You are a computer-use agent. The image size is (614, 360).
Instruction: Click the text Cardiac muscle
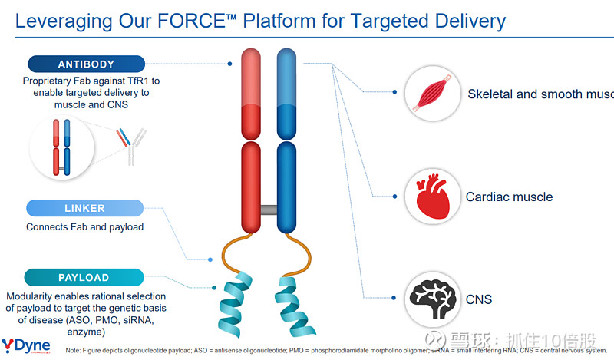tap(509, 197)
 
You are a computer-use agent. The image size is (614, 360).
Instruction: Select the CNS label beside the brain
tap(479, 299)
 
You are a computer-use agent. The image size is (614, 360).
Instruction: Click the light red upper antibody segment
tap(253, 77)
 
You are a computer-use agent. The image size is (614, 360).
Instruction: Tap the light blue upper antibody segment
tap(286, 77)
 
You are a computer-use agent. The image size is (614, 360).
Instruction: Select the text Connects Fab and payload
tap(84, 227)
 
